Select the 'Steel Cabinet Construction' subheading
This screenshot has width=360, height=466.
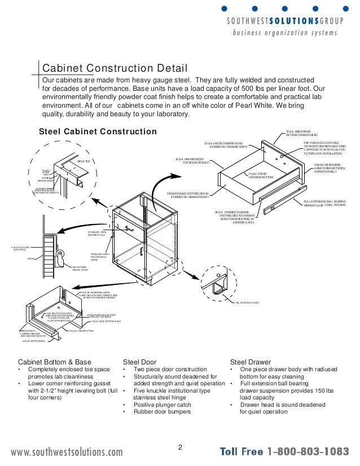click(x=97, y=131)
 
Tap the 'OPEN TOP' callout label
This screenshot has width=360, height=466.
click(x=84, y=161)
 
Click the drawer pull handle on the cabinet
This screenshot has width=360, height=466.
click(x=130, y=229)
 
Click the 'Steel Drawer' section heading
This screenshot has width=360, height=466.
click(x=251, y=362)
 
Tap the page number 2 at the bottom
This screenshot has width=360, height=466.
click(x=180, y=448)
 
